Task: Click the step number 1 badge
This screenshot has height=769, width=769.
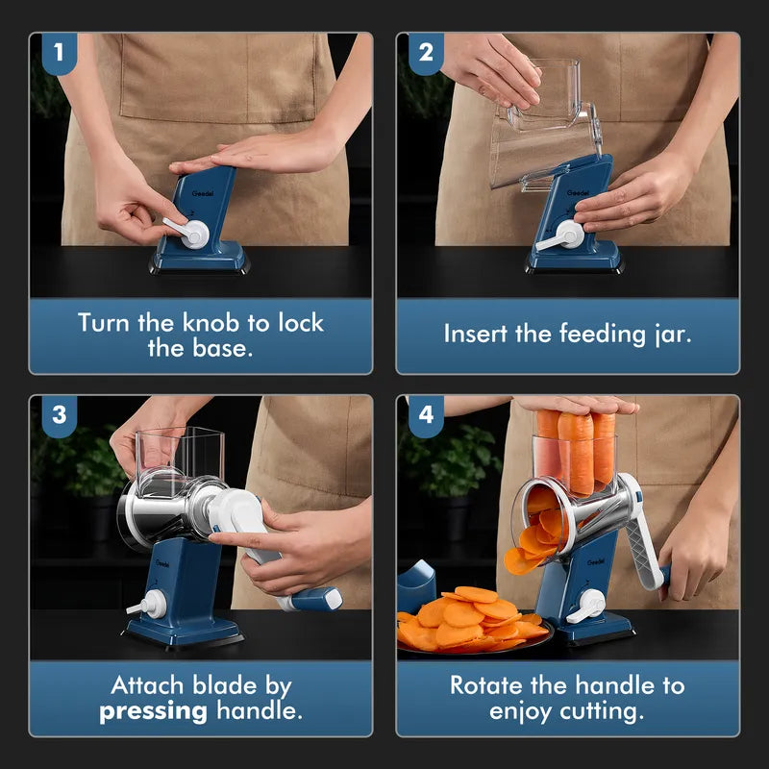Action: coord(60,53)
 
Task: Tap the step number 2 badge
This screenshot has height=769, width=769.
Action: coord(426,53)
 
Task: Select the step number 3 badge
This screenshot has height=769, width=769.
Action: coord(60,415)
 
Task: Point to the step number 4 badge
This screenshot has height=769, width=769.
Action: coord(426,415)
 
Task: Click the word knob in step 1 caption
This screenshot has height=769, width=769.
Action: coord(211,323)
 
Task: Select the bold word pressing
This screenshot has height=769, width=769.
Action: coord(153,712)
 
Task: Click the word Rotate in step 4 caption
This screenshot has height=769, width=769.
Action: coord(485,685)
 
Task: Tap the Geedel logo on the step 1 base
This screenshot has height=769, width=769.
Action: coord(203,194)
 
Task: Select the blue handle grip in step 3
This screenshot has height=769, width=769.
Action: coord(316,599)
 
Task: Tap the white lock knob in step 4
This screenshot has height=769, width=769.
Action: coord(587,607)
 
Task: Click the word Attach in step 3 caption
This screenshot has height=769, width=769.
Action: coord(148,685)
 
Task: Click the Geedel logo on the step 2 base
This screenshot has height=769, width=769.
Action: coord(578,193)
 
